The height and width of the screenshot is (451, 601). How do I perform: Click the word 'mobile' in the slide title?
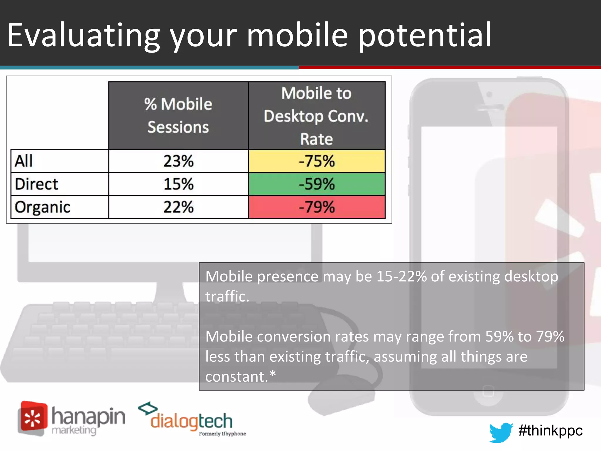[297, 35]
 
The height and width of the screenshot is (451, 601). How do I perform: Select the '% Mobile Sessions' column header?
[178, 116]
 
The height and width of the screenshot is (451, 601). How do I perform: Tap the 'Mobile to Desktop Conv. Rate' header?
[316, 116]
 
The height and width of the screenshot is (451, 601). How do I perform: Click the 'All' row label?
[24, 161]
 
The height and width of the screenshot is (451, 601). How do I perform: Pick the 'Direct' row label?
[37, 184]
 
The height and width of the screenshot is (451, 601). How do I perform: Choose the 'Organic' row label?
[43, 207]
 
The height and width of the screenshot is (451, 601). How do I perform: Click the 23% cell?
[178, 161]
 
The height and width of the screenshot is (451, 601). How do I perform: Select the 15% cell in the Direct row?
[178, 184]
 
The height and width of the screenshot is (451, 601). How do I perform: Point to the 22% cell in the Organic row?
[178, 207]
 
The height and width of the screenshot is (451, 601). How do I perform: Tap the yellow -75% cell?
[317, 161]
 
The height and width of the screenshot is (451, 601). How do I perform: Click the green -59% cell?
[317, 184]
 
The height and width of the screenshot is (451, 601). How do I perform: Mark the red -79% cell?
[317, 207]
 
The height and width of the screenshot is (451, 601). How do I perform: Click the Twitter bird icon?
[501, 432]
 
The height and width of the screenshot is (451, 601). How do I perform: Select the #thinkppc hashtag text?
[550, 431]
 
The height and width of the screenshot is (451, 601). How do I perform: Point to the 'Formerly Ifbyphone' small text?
[222, 434]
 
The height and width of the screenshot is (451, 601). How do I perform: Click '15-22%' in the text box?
[401, 277]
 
